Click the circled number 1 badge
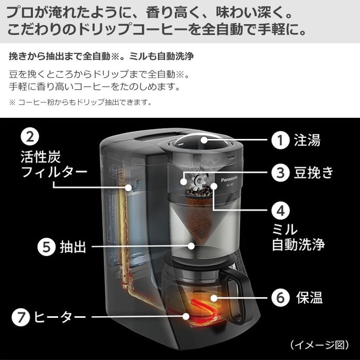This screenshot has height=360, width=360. pos(280,140)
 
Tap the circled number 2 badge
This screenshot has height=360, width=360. pos(30,137)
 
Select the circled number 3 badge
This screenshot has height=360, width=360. pos(280,172)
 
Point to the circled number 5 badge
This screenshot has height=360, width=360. pos(47,247)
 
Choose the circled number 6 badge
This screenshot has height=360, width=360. pos(280,297)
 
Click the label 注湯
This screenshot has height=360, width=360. pos(307,140)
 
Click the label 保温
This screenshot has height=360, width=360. pos(309,297)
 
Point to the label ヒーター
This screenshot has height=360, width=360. pos(60,317)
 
